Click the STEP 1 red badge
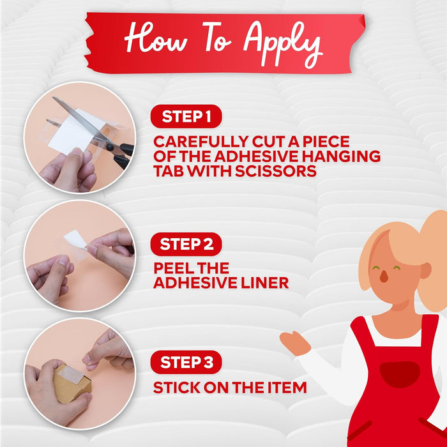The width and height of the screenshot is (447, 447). click(x=186, y=116)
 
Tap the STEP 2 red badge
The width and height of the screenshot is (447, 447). click(x=186, y=244)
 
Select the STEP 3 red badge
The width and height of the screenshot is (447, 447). click(x=186, y=362)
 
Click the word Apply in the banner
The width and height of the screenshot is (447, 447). click(x=283, y=43)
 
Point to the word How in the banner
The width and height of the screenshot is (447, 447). click(x=156, y=38)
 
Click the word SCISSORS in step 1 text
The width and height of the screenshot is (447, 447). click(x=276, y=171)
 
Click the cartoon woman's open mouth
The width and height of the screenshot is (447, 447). click(x=384, y=276)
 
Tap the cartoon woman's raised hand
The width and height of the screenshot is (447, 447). click(x=294, y=343)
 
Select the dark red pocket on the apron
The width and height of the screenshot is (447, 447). click(x=400, y=374)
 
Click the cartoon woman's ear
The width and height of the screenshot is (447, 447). click(x=425, y=270)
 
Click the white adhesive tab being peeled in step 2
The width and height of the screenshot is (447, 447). click(x=75, y=240)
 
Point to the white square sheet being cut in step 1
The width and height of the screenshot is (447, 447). click(x=75, y=133)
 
